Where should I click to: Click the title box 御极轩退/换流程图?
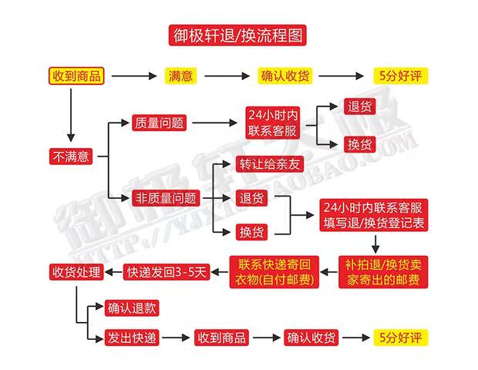pyautogui.click(x=237, y=35)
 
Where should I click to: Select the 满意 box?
pyautogui.click(x=180, y=76)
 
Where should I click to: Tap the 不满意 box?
pyautogui.click(x=71, y=156)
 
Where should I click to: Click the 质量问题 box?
pyautogui.click(x=159, y=123)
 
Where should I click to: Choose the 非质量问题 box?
pyautogui.click(x=166, y=198)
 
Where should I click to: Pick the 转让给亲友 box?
pyautogui.click(x=270, y=164)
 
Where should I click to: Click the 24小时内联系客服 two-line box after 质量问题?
pyautogui.click(x=272, y=123)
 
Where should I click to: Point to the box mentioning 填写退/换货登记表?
pyautogui.click(x=374, y=215)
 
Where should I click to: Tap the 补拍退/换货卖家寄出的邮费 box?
pyautogui.click(x=383, y=272)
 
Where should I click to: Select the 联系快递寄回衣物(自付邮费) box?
pyautogui.click(x=274, y=272)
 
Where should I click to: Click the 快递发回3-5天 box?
pyautogui.click(x=167, y=272)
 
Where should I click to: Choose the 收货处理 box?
pyautogui.click(x=76, y=272)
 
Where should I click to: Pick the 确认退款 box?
pyautogui.click(x=132, y=308)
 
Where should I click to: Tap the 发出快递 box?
pyautogui.click(x=132, y=338)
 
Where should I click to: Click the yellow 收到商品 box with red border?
pyautogui.click(x=76, y=76)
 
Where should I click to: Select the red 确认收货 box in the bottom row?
pyautogui.click(x=311, y=338)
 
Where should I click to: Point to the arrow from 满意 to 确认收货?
pyautogui.click(x=227, y=76)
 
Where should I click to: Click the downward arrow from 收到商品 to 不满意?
pyautogui.click(x=71, y=115)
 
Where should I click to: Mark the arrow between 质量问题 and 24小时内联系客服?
pyautogui.click(x=214, y=123)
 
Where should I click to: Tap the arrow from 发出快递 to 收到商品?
pyautogui.click(x=176, y=338)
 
